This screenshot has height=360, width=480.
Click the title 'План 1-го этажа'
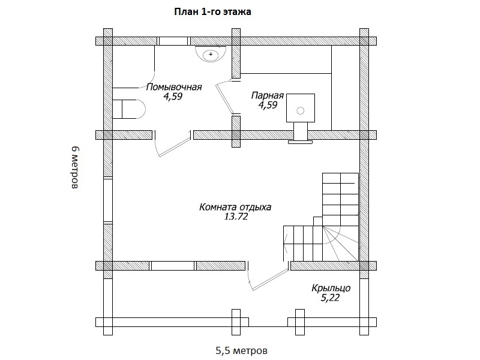pyautogui.click(x=213, y=11)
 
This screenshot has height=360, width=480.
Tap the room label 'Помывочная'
pyautogui.click(x=174, y=87)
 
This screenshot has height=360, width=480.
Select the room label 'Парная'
pyautogui.click(x=268, y=95)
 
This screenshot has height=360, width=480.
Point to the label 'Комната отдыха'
pyautogui.click(x=235, y=207)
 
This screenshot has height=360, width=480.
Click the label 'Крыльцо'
pyautogui.click(x=331, y=288)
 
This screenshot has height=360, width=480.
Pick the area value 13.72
pyautogui.click(x=236, y=217)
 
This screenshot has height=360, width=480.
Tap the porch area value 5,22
pyautogui.click(x=330, y=298)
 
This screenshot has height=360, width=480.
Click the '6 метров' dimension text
pyautogui.click(x=76, y=167)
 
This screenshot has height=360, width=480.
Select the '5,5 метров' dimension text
pyautogui.click(x=242, y=350)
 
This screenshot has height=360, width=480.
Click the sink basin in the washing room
pyautogui.click(x=211, y=54)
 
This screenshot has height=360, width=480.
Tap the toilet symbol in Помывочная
pyautogui.click(x=128, y=109)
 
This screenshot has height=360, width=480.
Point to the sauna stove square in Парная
pyautogui.click(x=301, y=108)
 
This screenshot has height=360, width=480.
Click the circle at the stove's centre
pyautogui.click(x=301, y=111)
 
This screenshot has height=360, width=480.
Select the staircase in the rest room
pyautogui.click(x=321, y=217)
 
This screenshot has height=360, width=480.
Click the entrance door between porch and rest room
pyautogui.click(x=268, y=275)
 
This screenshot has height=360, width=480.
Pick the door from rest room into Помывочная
pyautogui.click(x=173, y=143)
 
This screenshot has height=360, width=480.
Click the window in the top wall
pyautogui.click(x=173, y=41)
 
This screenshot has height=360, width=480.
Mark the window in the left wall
pyautogui.click(x=108, y=200)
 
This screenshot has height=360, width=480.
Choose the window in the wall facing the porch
pyautogui.click(x=173, y=266)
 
